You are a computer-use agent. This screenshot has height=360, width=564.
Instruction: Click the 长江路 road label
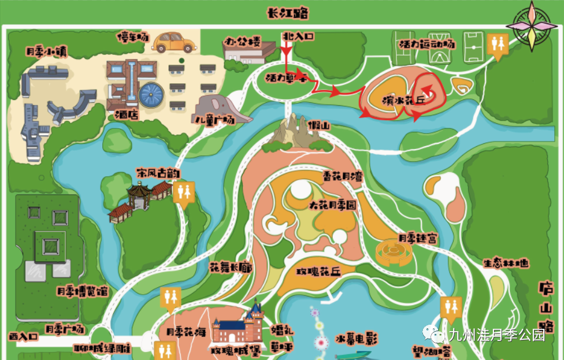point(287,13)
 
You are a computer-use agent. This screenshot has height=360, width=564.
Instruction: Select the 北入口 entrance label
point(298,36)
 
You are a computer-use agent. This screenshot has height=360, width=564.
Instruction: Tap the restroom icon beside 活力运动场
point(496,44)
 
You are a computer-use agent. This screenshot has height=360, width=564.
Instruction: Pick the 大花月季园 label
point(333,206)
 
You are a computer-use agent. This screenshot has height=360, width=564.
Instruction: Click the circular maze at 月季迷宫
point(392,251)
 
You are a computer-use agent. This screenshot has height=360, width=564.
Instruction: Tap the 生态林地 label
point(506,263)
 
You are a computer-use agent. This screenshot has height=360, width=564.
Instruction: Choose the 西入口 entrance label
point(24,336)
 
